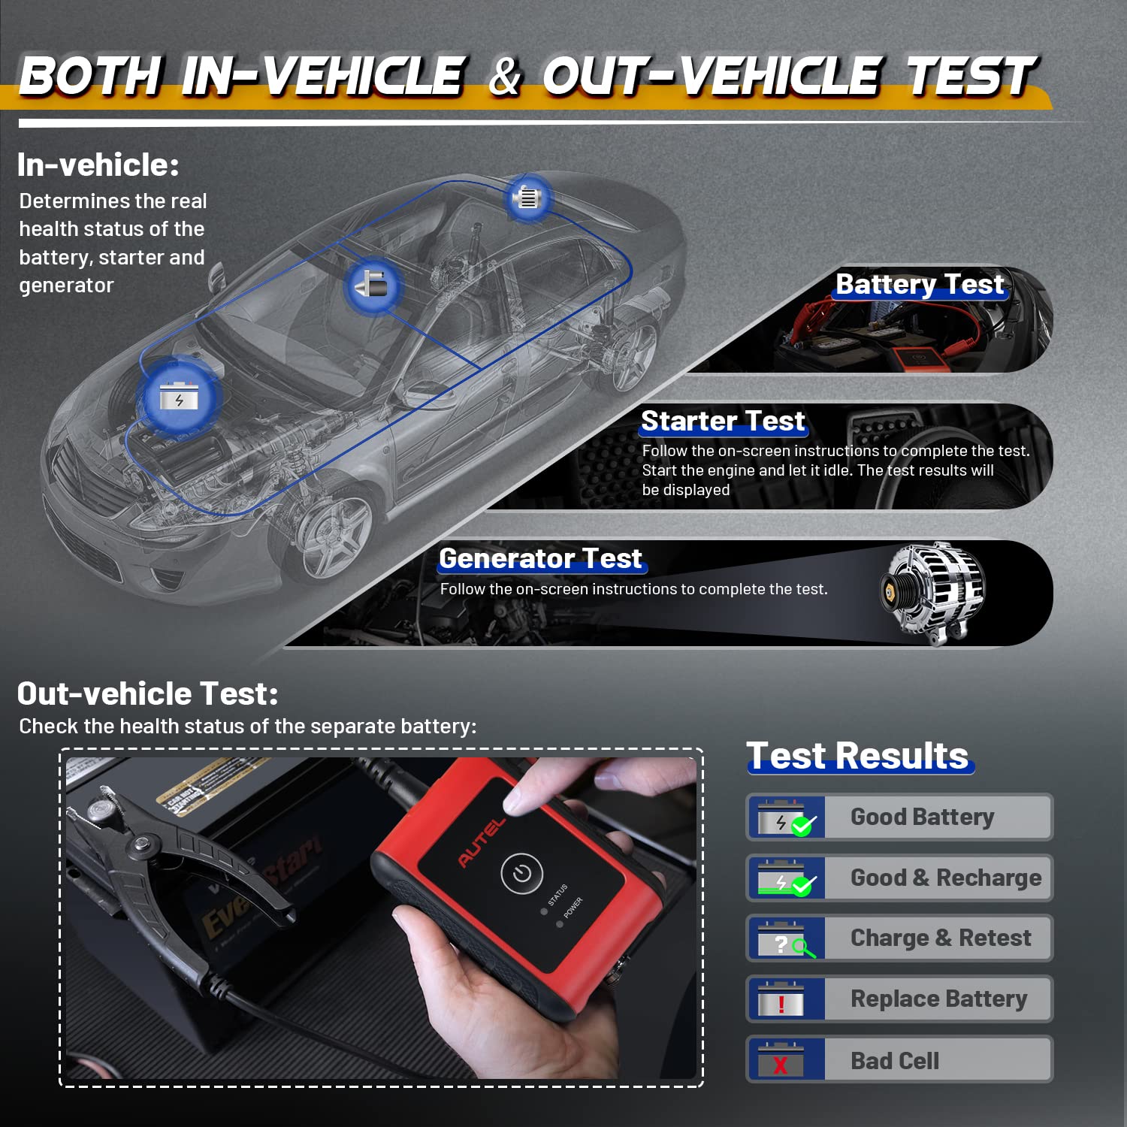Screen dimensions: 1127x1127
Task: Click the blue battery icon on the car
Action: (178, 396)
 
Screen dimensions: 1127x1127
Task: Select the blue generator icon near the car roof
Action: (527, 198)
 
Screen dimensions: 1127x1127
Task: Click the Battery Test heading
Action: (920, 284)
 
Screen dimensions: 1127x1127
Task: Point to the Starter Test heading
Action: (723, 421)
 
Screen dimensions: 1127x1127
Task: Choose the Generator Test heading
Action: (540, 558)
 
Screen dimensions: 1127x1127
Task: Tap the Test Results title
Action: (857, 755)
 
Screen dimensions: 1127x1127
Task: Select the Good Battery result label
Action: (922, 817)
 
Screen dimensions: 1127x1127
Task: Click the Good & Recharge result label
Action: (946, 878)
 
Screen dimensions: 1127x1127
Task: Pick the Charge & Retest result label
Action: (941, 938)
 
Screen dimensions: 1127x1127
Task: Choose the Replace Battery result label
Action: (938, 999)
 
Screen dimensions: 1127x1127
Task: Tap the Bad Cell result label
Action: (895, 1060)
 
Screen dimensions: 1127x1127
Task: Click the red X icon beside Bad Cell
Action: (781, 1064)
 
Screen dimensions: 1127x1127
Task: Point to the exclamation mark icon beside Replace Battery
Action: (781, 1004)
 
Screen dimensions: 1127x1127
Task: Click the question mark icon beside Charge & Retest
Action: (781, 944)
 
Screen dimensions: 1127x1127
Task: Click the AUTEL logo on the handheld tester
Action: (482, 843)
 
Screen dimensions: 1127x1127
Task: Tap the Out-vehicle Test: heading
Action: (147, 693)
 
